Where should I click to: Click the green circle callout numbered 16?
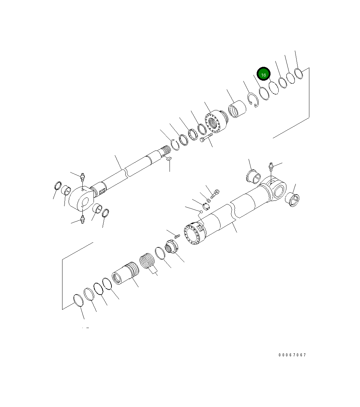pos(264,74)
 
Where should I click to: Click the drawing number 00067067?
pos(292,355)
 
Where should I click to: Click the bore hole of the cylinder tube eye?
pos(279,191)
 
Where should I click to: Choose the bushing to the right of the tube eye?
pos(292,200)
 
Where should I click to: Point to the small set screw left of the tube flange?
pos(177,235)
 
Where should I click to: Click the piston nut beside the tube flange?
pos(171,247)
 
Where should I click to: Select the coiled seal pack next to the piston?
pos(147,262)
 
